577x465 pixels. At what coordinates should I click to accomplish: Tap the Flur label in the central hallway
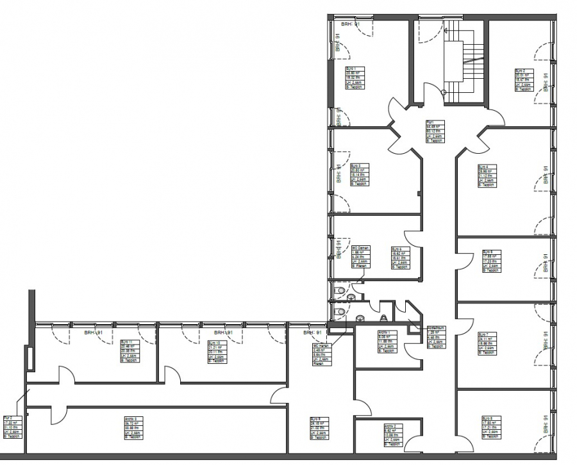pos(435,130)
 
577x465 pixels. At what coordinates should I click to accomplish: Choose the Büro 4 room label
pos(487,175)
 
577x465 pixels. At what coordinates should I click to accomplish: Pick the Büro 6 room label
pos(400,257)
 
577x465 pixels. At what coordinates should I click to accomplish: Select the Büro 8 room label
pos(491,427)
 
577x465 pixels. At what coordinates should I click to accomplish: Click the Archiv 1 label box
pos(388,341)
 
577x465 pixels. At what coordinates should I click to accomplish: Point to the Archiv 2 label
pos(393,434)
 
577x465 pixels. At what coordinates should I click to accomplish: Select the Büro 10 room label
pos(218,351)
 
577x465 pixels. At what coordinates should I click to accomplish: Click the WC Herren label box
pos(321,354)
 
